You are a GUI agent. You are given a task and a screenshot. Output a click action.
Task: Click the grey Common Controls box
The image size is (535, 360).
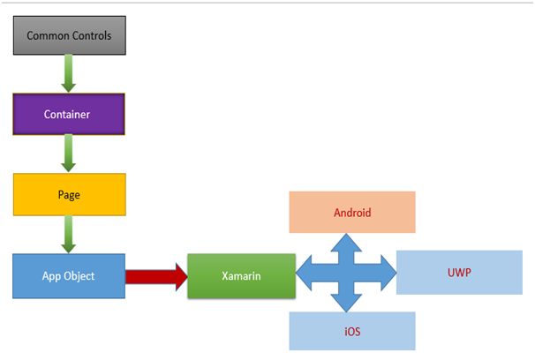(x=69, y=36)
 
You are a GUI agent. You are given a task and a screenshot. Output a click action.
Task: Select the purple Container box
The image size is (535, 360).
(x=69, y=114)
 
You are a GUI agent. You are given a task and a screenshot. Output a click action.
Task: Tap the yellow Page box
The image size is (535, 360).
(x=69, y=194)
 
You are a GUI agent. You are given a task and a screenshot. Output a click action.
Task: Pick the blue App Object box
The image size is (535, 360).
(x=69, y=275)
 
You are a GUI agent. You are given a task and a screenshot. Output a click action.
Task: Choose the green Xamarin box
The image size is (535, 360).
(x=241, y=276)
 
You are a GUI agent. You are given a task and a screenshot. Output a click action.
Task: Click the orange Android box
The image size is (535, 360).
(x=352, y=212)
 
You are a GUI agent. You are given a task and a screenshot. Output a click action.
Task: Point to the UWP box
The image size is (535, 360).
(x=459, y=272)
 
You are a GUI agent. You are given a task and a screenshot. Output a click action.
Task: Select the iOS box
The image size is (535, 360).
(x=352, y=332)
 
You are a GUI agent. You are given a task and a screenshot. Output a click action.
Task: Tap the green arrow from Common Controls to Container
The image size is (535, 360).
(x=69, y=74)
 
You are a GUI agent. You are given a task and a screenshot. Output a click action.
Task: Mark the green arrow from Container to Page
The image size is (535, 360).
(x=69, y=154)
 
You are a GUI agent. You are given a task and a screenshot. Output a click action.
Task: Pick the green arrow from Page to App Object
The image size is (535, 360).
(x=69, y=234)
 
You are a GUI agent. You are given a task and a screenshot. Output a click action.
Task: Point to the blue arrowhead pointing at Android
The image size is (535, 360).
(x=346, y=243)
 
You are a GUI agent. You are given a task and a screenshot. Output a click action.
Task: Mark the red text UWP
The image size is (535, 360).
(x=459, y=272)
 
